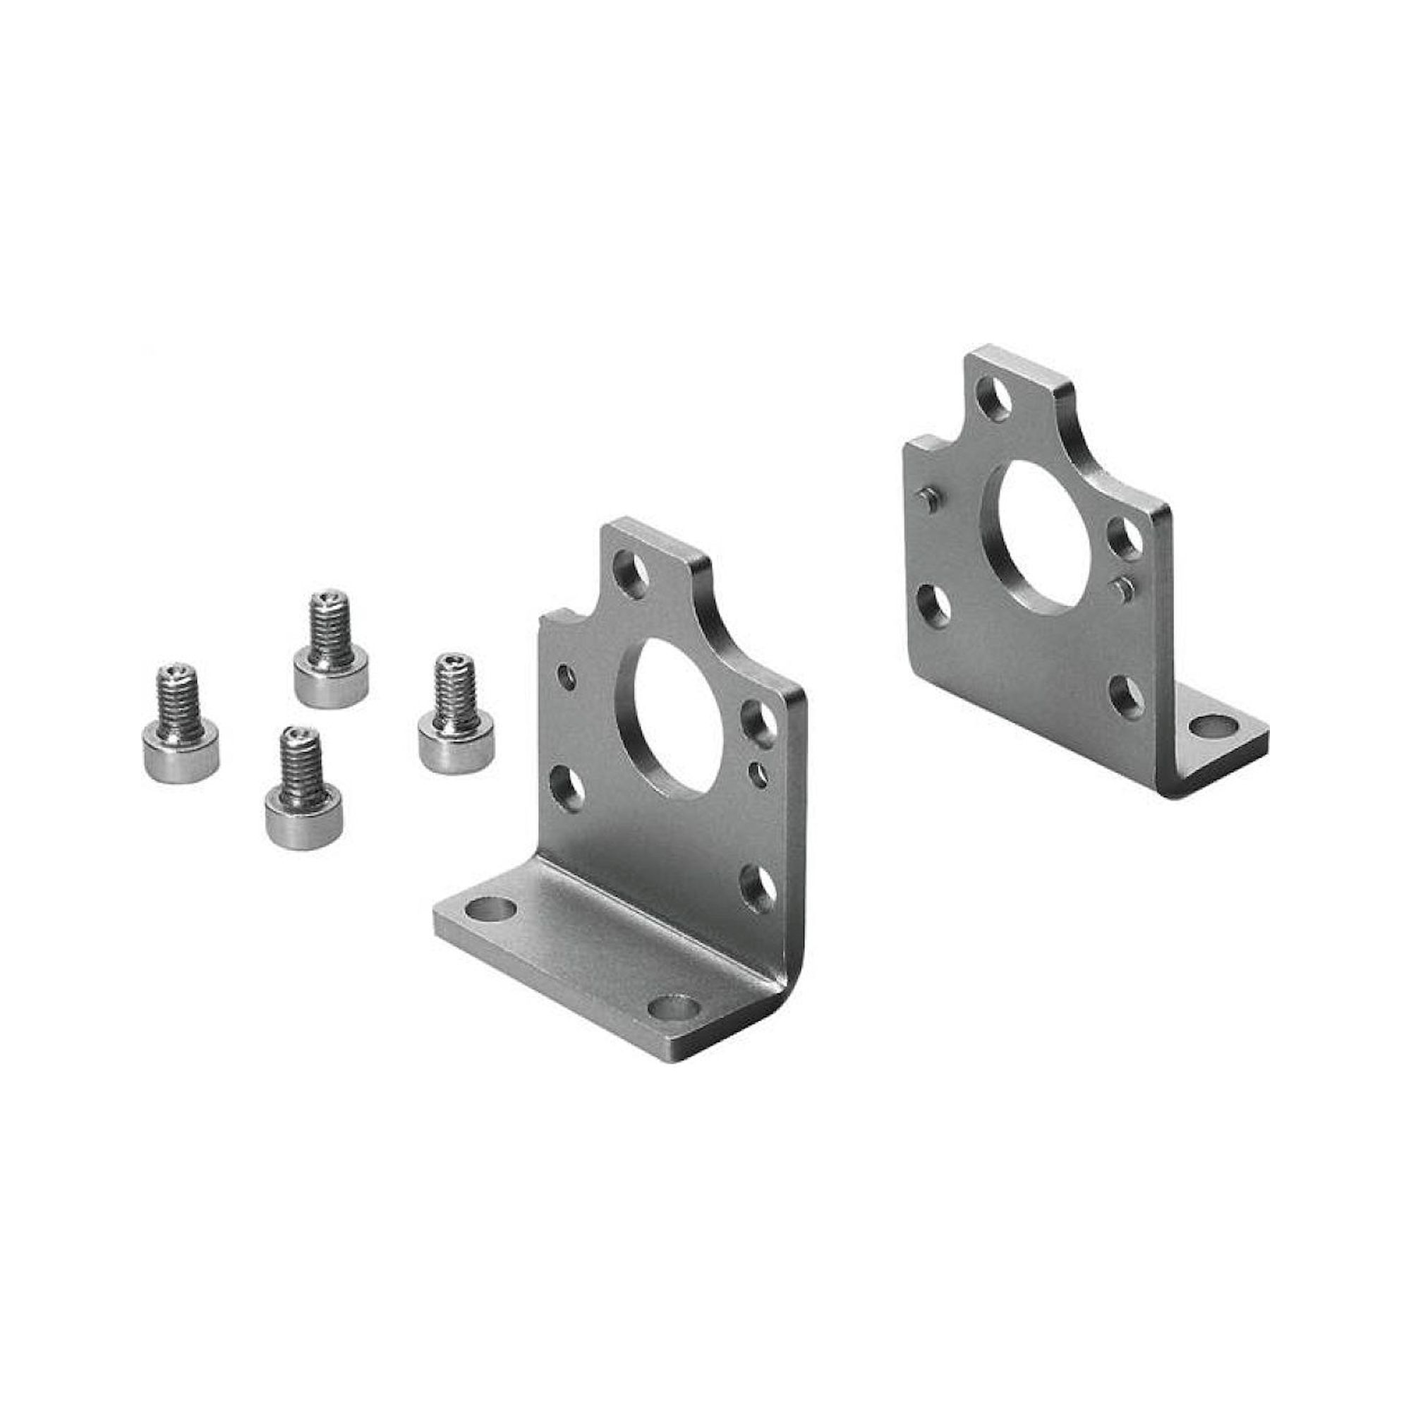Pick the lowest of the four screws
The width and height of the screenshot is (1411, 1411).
coord(303,793)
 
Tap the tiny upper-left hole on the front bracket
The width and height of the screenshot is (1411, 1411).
coord(566,677)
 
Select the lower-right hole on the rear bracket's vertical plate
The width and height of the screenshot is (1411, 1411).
coord(1125,697)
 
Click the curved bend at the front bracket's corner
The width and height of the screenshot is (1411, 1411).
coord(790,971)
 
